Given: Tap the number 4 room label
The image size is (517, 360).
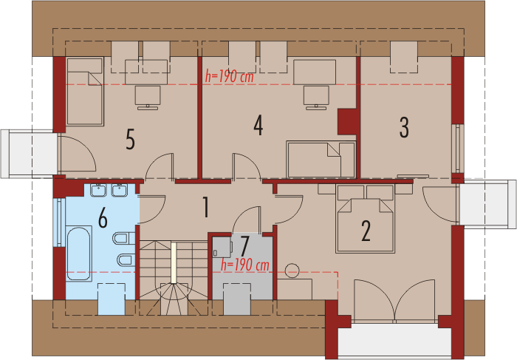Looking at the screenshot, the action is pos(258,126).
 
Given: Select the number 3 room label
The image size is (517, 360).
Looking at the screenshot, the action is pos(404,127).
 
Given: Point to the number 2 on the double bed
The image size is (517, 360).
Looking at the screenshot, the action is pos(366,231).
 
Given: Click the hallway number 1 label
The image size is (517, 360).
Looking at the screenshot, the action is pos(206,207).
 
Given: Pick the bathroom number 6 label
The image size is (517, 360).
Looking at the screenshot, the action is pos(103,218).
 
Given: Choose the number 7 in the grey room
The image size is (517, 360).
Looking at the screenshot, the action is pos(244,245).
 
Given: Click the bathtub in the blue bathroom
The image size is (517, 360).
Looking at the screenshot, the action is pos(78,254).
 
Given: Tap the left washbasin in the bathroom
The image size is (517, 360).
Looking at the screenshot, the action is pos(98,190).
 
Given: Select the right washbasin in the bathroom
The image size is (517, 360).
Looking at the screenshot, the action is pos(120,190).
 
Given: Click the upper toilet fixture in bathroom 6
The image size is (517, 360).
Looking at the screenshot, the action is pos(124,238).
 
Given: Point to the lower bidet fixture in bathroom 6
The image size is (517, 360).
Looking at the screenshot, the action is pos(126,259).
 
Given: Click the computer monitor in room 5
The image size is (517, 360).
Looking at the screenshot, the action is pos(148,98).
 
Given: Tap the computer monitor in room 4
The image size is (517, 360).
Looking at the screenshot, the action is pos(316,98).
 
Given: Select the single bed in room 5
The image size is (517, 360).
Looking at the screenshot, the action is pos(85,92).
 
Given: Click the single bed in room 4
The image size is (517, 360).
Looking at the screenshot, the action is pos(321,160).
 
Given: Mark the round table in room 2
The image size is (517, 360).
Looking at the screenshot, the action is pos(292,271).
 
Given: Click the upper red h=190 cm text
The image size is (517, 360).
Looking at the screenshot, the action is pos(230,77).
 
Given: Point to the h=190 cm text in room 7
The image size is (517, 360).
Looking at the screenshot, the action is pos(245,265).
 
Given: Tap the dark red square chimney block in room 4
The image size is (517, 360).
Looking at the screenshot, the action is pos(346,121).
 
